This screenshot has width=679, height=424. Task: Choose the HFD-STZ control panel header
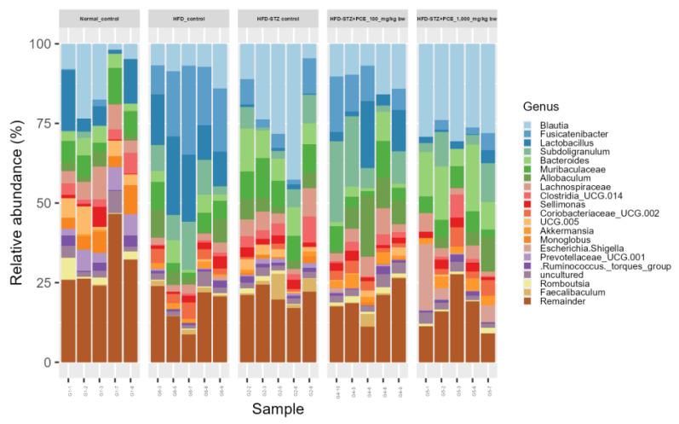coord(279,18)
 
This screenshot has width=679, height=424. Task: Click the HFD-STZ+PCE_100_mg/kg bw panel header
coord(368,18)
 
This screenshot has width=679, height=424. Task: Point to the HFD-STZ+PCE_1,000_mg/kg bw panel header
coord(457,18)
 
